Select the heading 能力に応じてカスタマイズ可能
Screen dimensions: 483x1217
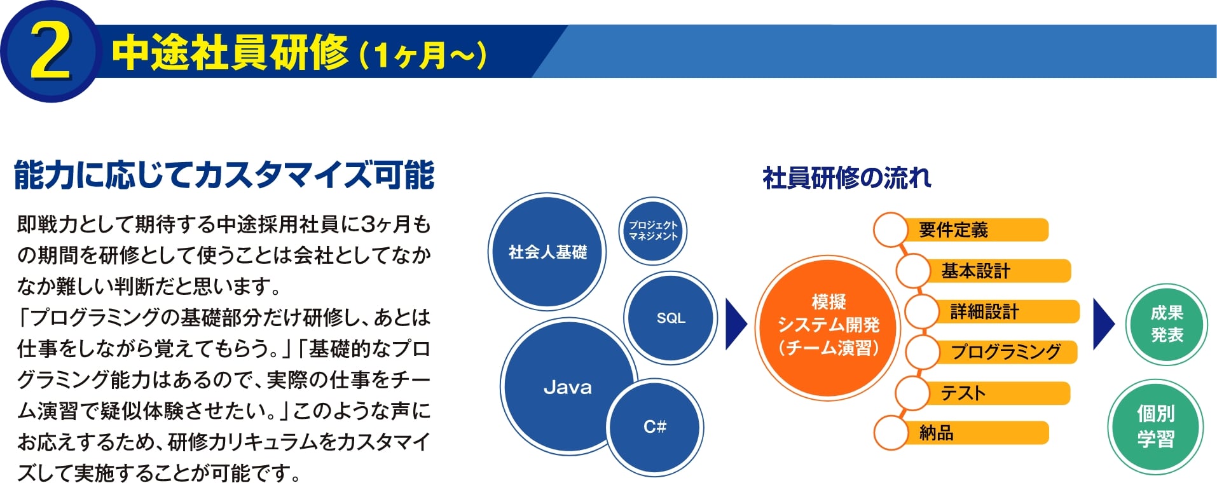[224, 175]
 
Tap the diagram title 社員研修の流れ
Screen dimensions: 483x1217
[846, 178]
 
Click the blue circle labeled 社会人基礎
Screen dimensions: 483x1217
[547, 252]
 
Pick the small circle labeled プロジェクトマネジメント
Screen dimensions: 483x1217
[653, 231]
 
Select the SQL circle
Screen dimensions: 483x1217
[671, 318]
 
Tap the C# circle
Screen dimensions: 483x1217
[655, 426]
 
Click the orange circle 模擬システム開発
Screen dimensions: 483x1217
[829, 326]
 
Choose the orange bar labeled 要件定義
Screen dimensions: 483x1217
[973, 230]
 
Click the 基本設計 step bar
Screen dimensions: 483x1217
[995, 271]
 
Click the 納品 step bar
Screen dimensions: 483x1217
[973, 433]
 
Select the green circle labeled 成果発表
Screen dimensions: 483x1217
[1166, 324]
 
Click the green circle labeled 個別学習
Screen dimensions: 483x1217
[1155, 426]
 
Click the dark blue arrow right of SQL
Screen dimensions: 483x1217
[735, 324]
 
